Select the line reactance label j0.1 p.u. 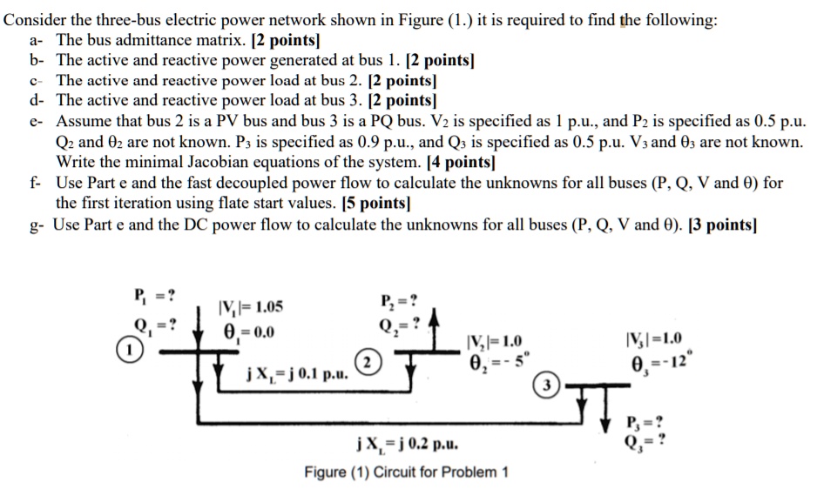click(x=296, y=375)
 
